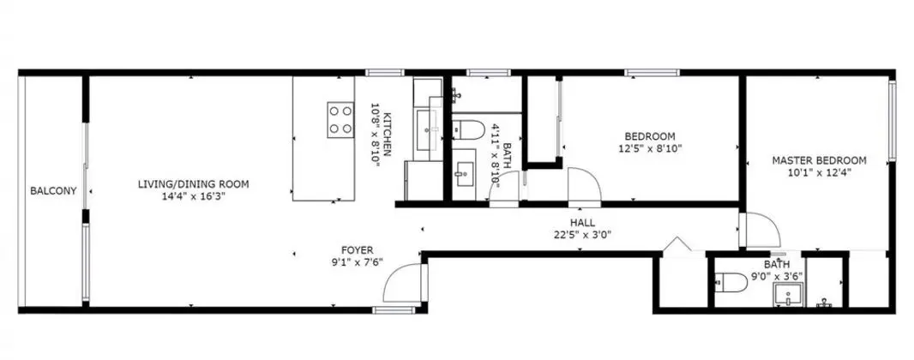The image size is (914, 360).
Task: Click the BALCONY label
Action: pos(54,190)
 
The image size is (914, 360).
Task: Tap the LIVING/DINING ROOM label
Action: pos(193,184)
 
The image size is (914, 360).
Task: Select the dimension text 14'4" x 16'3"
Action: pos(194,196)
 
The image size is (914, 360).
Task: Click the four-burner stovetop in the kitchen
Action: pos(340,120)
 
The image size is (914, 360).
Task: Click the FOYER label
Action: pos(357,250)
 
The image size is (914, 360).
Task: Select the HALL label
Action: pos(582,223)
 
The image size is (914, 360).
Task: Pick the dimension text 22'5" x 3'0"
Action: pos(582,236)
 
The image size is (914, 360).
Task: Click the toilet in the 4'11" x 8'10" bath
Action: pos(469,129)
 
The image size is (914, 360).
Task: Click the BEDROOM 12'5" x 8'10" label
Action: pos(650,143)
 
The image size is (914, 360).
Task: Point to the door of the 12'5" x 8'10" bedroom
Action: pos(585,185)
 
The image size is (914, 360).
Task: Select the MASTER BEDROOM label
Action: pos(819,160)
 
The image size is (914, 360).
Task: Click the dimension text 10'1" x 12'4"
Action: pos(819,172)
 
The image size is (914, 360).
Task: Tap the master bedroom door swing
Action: pos(761,230)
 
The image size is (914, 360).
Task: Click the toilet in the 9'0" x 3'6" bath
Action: pos(731,283)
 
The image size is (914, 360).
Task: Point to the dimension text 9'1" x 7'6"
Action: pos(358,262)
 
